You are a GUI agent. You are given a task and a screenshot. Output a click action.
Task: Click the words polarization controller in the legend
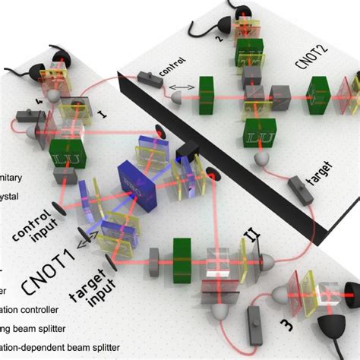point(31,311)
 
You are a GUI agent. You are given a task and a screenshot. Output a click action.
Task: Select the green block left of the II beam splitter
point(182,254)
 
